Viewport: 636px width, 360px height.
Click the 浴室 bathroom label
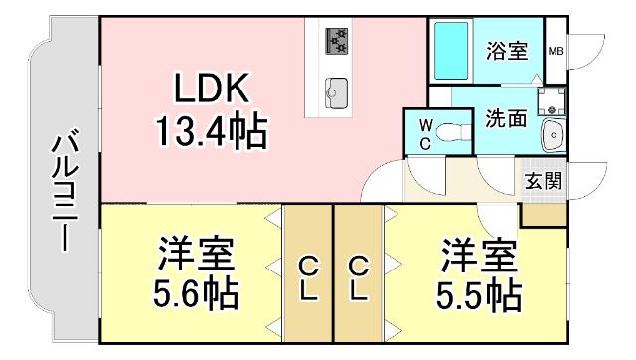505,50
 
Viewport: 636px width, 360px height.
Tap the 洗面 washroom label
505,117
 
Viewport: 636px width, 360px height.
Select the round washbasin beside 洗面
553,134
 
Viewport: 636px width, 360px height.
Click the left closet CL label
309,279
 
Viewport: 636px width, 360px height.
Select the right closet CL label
358,279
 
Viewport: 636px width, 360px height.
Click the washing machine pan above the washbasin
550,99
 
